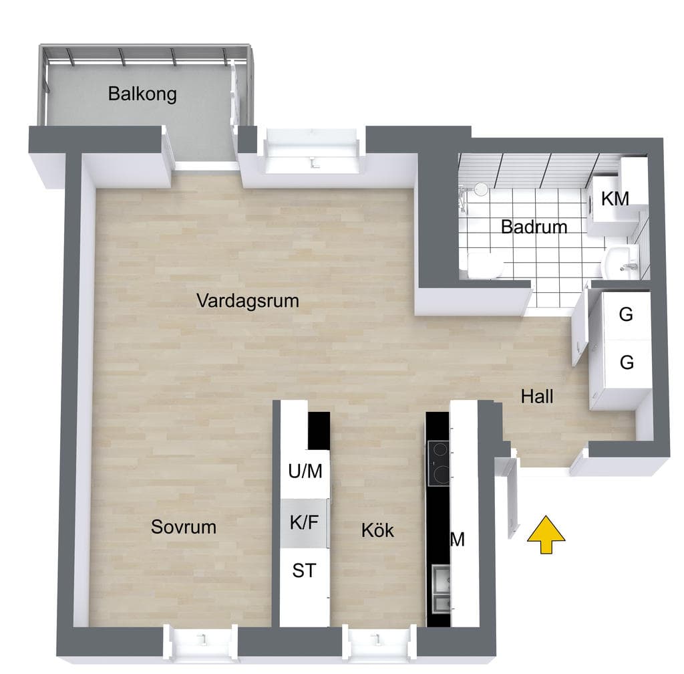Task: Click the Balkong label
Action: pos(142,94)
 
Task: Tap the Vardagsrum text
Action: pos(248,301)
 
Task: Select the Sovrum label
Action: pos(184,527)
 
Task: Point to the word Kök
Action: pos(378,530)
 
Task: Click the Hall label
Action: pos(537,397)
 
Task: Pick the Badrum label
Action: pos(534,227)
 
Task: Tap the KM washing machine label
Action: pos(615,199)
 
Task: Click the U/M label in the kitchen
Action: pos(305,471)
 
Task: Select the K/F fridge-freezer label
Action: pos(305,522)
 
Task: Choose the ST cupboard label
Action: pos(304,570)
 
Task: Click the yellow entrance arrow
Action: pos(546,535)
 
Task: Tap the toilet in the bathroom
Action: pos(485,265)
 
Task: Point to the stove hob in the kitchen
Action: pos(439,463)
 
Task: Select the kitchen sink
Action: pos(442,589)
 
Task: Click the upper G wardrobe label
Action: pos(626,314)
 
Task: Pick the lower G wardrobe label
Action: pos(627,362)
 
